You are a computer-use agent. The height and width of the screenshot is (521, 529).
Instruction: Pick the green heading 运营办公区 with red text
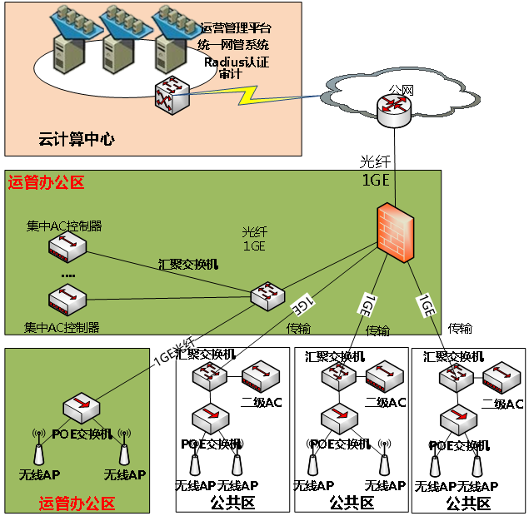click(46, 182)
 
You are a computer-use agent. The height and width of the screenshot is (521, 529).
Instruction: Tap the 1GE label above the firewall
click(375, 181)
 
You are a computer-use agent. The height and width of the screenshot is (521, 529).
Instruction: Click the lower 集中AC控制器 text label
click(62, 327)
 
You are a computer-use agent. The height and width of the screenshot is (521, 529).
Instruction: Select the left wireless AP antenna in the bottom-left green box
click(38, 449)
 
